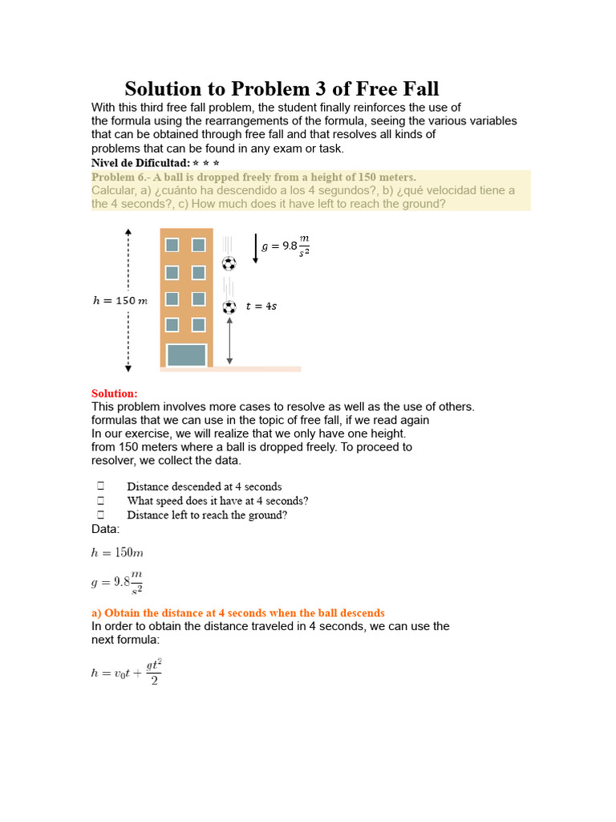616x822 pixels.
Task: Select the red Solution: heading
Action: pyautogui.click(x=115, y=393)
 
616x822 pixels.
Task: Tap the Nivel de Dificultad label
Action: pyautogui.click(x=140, y=162)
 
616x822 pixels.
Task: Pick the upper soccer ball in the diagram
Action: pyautogui.click(x=229, y=263)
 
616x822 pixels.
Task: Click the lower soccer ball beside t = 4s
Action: pyautogui.click(x=229, y=307)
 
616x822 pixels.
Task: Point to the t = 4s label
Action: pyautogui.click(x=261, y=307)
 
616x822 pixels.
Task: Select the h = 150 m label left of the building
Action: pyautogui.click(x=120, y=301)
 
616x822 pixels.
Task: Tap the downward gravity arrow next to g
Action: pyautogui.click(x=255, y=248)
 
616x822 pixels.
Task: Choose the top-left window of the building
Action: pyautogui.click(x=172, y=244)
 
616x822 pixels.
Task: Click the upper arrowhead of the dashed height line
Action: pyautogui.click(x=128, y=233)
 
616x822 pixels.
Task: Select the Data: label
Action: pyautogui.click(x=106, y=529)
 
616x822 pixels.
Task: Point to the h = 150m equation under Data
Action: pyautogui.click(x=116, y=552)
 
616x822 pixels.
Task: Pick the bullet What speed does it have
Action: pyautogui.click(x=217, y=500)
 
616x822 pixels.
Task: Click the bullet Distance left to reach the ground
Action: pyautogui.click(x=207, y=515)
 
